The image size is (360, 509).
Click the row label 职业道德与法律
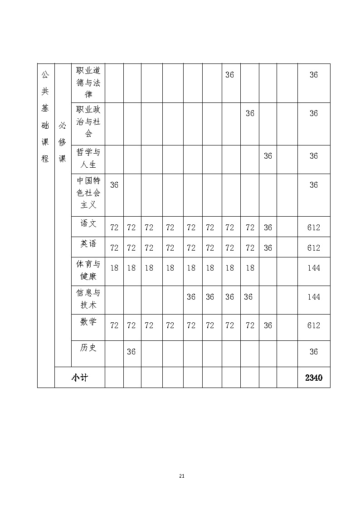point(88,82)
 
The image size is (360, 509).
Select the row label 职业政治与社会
point(88,121)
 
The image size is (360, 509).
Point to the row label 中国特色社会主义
point(88,193)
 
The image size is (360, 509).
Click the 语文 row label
point(88,223)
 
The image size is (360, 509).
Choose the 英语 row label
point(88,244)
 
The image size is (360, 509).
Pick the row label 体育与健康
point(88,270)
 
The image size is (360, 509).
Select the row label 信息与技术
point(88,299)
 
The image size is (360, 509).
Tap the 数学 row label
point(88,322)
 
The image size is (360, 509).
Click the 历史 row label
point(88,348)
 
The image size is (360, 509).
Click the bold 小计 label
point(79,378)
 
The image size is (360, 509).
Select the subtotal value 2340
point(314,378)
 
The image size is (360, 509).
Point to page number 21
point(182,476)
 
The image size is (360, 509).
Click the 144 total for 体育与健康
point(314,268)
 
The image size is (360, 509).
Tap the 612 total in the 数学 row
point(314,325)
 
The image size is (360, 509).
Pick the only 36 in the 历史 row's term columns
point(131,351)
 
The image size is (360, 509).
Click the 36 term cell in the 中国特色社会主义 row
point(114,185)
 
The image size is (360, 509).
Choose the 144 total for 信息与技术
point(314,297)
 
